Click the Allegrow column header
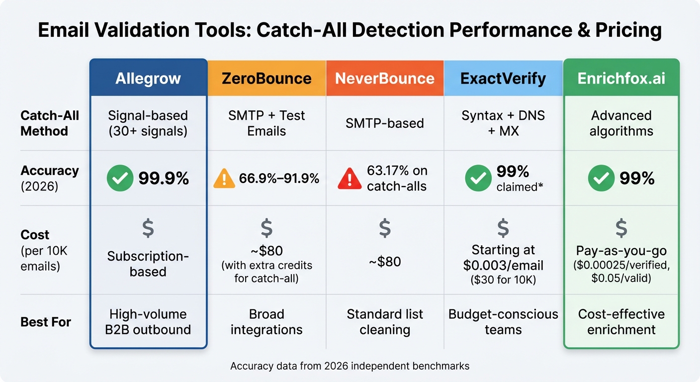click(x=148, y=78)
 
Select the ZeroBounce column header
click(x=266, y=78)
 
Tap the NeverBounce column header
click(x=385, y=78)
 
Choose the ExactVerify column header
click(x=503, y=78)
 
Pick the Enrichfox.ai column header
click(x=621, y=78)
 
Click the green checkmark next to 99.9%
click(x=120, y=179)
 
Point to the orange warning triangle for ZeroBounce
click(x=224, y=179)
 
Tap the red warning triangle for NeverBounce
click(x=350, y=179)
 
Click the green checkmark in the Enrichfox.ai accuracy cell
click(x=601, y=179)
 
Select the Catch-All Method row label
click(x=50, y=123)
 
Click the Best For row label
click(x=46, y=322)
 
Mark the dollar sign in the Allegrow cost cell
click(x=148, y=228)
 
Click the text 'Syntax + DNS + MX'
click(x=503, y=123)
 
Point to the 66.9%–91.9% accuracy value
click(x=279, y=179)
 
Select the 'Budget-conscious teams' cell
click(x=503, y=322)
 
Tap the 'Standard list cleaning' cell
click(x=385, y=322)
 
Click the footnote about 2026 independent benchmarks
click(x=350, y=366)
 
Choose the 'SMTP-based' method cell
click(x=385, y=123)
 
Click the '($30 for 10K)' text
click(x=503, y=280)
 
